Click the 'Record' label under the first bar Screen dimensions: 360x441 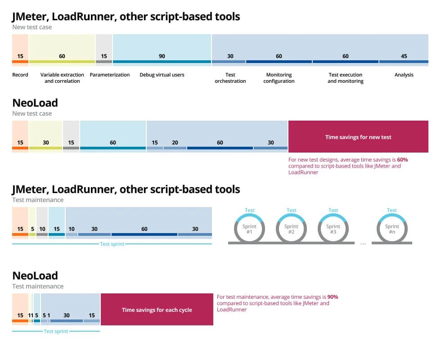coord(20,75)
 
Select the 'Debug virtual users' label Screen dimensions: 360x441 coord(162,75)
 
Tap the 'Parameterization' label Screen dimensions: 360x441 coord(110,75)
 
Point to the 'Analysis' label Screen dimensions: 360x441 coord(404,75)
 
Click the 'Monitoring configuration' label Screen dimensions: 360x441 coord(279,78)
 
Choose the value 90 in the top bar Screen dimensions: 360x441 coord(162,56)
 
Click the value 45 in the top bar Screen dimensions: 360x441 coord(404,56)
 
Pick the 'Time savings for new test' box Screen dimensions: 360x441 coord(358,137)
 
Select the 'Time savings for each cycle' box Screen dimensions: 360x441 coord(157,310)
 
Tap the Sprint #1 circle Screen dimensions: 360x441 coord(250,229)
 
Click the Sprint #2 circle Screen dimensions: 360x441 coord(292,229)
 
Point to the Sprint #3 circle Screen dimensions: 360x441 coord(333,229)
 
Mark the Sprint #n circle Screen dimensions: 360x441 coord(392,229)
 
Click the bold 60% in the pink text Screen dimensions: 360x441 coord(402,159)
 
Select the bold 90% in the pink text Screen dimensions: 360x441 coord(333,297)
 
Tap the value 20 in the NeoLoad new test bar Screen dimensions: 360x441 coord(175,143)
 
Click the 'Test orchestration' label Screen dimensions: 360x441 coord(230,78)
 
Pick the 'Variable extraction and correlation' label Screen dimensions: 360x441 coord(62,78)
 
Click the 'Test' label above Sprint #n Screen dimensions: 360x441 coord(392,210)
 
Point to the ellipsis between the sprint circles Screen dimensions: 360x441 coord(363,243)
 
